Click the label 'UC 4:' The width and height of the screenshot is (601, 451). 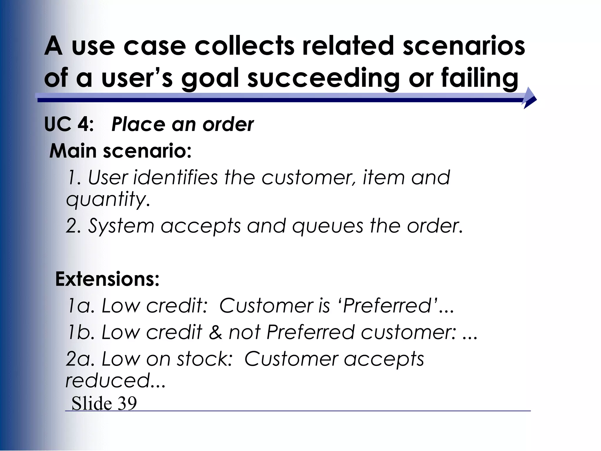[69, 124]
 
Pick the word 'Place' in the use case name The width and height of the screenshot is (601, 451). [138, 124]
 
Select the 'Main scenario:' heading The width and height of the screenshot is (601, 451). [120, 151]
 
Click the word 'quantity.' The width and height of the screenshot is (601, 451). [108, 200]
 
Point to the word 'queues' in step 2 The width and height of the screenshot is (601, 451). [327, 226]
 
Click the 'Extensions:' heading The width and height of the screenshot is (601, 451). [107, 279]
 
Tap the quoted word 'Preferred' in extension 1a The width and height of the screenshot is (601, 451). [387, 306]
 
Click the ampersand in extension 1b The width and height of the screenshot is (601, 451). [216, 332]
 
